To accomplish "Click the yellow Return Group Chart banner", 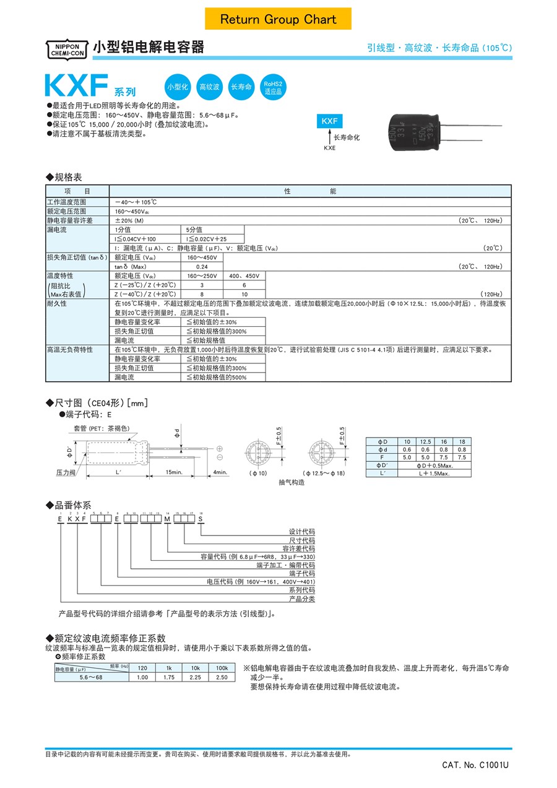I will coord(278,19).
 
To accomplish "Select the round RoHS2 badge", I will coord(273,87).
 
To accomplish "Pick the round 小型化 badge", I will coord(178,87).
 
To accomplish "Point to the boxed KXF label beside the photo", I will coord(329,122).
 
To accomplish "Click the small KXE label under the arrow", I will coord(329,149).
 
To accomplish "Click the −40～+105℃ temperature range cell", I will coord(136,202).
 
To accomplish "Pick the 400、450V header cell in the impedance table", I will coord(244,275).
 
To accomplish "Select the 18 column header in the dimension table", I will coord(461,441).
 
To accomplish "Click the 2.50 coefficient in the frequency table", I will coord(222,677).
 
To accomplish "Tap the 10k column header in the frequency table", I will coord(196,668).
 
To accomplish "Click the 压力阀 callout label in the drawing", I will coord(65,472).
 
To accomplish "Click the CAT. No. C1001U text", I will coord(475,765).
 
